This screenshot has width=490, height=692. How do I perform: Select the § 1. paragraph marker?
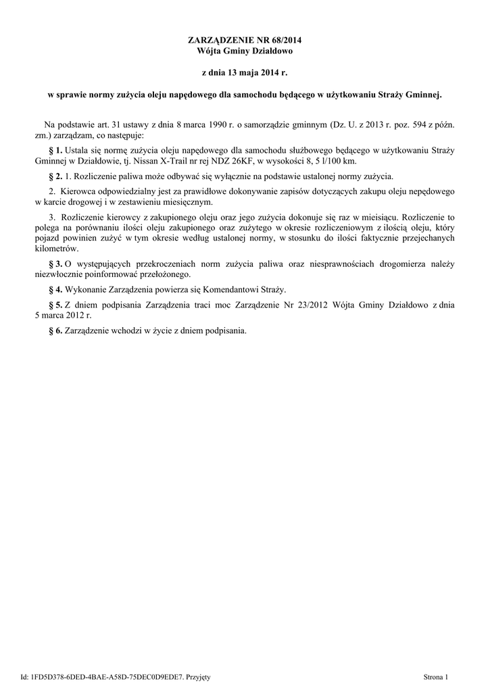coord(56,149)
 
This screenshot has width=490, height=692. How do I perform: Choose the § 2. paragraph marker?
coord(56,176)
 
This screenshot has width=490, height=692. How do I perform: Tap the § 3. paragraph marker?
coord(56,263)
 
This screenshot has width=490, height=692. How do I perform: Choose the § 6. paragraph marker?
coord(56,331)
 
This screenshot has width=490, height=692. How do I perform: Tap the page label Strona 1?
coord(436,676)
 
